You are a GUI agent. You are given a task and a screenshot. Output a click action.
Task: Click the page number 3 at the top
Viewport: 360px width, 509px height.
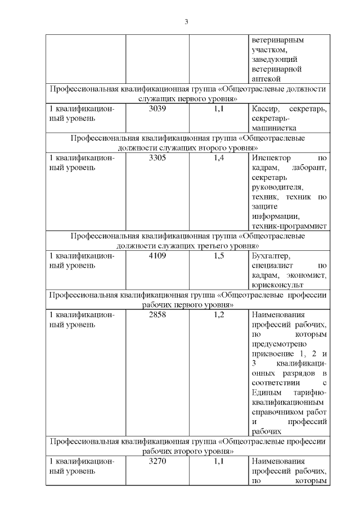[x=186, y=22]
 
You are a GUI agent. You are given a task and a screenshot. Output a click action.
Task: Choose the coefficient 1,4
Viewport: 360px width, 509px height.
[x=219, y=159]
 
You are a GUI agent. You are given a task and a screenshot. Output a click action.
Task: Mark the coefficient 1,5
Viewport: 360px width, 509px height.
[x=219, y=256]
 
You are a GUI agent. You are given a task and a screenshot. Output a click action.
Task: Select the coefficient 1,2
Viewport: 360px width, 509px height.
[x=219, y=314]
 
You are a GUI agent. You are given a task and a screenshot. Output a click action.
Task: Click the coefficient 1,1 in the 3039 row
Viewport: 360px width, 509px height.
[x=219, y=109]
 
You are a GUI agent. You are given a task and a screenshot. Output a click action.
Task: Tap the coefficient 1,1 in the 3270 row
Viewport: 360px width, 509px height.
[x=219, y=461]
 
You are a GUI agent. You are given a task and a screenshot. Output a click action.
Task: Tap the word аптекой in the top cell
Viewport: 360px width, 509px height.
[x=265, y=79]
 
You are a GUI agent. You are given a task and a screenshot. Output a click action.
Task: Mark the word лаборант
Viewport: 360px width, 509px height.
[x=309, y=168]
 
